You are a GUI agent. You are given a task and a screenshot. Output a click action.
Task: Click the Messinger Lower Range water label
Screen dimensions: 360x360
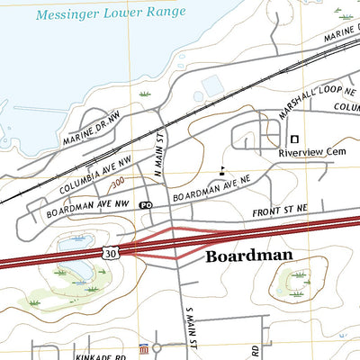point(111,13)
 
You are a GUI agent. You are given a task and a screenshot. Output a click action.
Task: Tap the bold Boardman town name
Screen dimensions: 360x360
point(249,256)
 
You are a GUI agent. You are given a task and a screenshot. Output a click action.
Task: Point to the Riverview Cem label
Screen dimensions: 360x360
point(311,153)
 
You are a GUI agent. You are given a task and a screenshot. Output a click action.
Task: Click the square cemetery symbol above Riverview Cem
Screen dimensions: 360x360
point(293,139)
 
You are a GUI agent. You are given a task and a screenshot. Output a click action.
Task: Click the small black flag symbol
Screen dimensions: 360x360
point(221,169)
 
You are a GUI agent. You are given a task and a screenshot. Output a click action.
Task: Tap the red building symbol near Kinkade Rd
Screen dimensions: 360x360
point(141,348)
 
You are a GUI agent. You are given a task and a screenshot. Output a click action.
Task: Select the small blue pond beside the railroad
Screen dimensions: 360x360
point(212,85)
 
